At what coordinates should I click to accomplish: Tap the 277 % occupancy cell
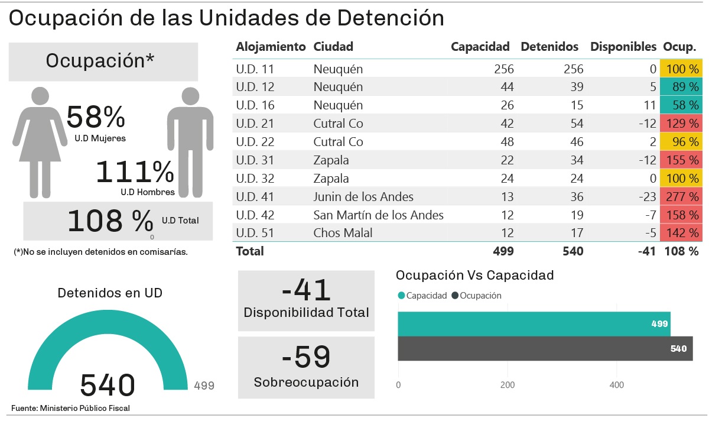pos(682,196)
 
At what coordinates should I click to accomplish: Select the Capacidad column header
pos(480,47)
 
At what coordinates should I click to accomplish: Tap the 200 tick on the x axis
pos(507,385)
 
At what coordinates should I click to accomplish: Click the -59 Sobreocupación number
pos(306,357)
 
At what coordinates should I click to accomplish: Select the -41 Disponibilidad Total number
pos(306,290)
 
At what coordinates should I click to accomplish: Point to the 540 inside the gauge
pos(108,385)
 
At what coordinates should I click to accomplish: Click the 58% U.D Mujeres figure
pos(96,117)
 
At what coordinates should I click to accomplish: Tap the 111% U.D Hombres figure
pos(135,172)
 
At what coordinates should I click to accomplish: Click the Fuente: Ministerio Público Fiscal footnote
pos(70,408)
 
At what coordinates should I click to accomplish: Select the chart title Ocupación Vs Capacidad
pos(474,275)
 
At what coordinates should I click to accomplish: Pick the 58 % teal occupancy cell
pos(682,105)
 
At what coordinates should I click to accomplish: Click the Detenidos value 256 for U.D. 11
pos(572,69)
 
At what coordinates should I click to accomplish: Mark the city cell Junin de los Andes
pos(363,196)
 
